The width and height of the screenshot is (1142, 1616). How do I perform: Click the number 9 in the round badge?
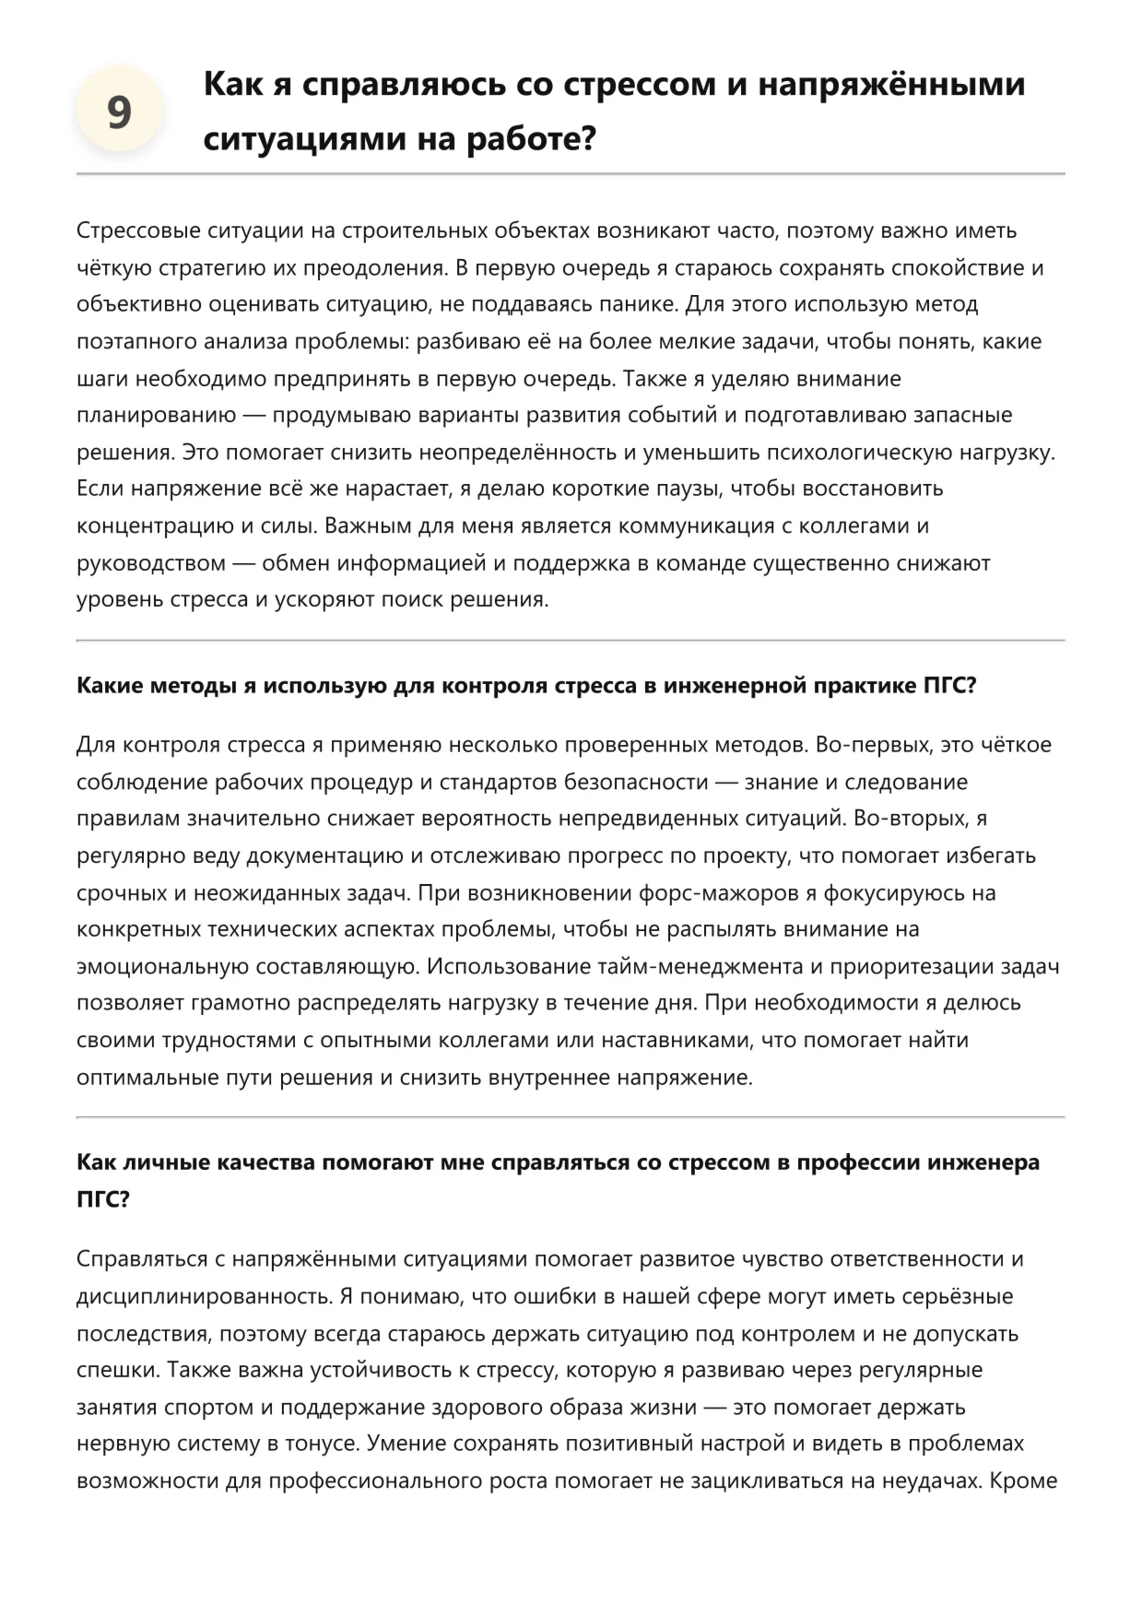[x=119, y=112]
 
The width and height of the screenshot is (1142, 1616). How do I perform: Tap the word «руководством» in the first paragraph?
[x=151, y=562]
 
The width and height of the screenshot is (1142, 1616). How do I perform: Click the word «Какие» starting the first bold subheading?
[x=109, y=686]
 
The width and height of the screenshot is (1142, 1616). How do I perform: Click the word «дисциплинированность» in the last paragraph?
[x=205, y=1296]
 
